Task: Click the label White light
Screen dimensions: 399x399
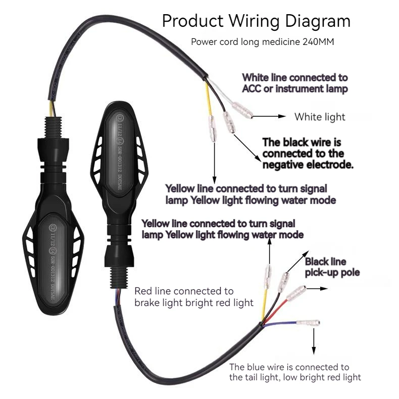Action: click(x=320, y=117)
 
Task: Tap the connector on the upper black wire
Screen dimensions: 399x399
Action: click(x=227, y=123)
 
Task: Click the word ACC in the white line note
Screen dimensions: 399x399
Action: click(x=251, y=89)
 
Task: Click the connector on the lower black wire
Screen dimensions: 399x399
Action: click(x=285, y=278)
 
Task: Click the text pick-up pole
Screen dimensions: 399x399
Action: click(x=332, y=273)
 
